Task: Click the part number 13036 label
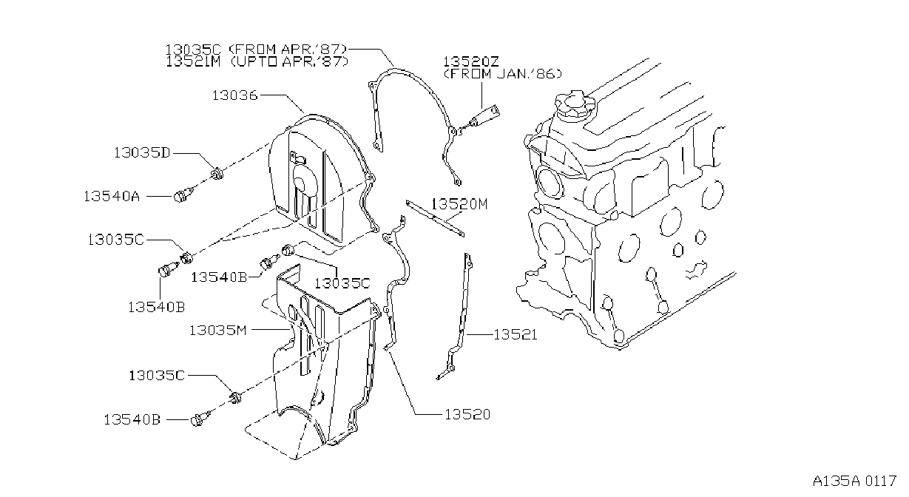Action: [235, 95]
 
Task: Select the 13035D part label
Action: [142, 153]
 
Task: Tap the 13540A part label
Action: [112, 197]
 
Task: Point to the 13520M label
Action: [459, 204]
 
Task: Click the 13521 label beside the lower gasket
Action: [516, 335]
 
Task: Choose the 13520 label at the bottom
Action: [467, 414]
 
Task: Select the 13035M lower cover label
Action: [218, 331]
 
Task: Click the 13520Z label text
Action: [470, 61]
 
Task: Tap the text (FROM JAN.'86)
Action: [503, 74]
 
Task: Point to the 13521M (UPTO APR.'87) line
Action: [257, 61]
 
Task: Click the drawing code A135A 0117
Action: [854, 481]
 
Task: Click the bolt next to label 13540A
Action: [185, 195]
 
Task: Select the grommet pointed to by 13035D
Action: [217, 174]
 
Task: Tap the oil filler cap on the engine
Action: [575, 104]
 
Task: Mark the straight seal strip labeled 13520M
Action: [435, 218]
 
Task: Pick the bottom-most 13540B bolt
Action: [200, 419]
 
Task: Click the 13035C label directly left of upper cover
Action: [115, 240]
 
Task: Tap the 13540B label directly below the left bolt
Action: [156, 307]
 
